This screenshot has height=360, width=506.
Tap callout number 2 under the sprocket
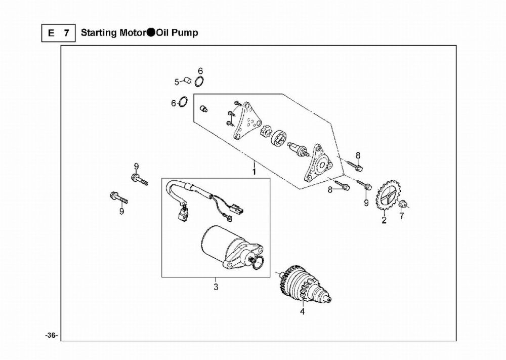(x=384, y=220)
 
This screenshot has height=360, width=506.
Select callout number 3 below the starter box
(x=216, y=288)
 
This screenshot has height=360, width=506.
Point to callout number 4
(x=302, y=312)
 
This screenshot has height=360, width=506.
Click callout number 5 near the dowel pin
(x=177, y=82)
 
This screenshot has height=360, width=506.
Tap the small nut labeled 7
(x=403, y=205)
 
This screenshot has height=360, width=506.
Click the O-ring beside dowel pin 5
(x=199, y=81)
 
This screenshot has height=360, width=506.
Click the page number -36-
(x=51, y=336)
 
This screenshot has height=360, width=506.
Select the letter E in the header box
(x=51, y=33)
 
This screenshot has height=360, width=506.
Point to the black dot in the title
(x=151, y=33)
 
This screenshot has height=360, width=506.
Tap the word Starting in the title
(x=99, y=33)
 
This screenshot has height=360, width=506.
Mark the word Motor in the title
(x=132, y=33)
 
